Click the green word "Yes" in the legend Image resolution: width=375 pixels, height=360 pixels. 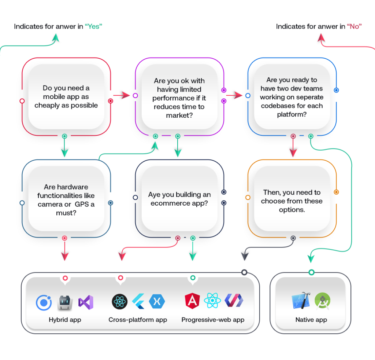coord(93,26)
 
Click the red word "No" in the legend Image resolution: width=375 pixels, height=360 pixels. coord(354,26)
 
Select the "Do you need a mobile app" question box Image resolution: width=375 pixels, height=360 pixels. coord(66,97)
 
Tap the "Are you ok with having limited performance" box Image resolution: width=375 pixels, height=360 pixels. coord(179,98)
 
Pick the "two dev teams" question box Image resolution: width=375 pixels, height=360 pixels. coord(292,97)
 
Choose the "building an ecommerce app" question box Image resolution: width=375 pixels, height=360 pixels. coord(179,199)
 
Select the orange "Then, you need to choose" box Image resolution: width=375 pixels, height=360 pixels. coord(292,201)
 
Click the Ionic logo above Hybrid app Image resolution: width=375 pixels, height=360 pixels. coord(44,302)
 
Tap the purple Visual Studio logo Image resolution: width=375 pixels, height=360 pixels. coord(86,302)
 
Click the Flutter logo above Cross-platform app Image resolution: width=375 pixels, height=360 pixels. coord(138,302)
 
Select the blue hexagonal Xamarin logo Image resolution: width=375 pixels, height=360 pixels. coord(157,302)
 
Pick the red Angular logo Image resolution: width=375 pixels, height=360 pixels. coord(192,301)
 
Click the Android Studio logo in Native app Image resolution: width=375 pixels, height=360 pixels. coord(323,301)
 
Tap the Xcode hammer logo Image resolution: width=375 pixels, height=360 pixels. coord(301,301)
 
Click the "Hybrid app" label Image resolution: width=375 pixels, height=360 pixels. coord(65,320)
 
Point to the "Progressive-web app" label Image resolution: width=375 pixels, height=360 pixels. coord(213,320)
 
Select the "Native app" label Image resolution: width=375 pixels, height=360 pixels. coord(311,320)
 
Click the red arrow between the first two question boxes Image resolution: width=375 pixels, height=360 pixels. coord(122,96)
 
